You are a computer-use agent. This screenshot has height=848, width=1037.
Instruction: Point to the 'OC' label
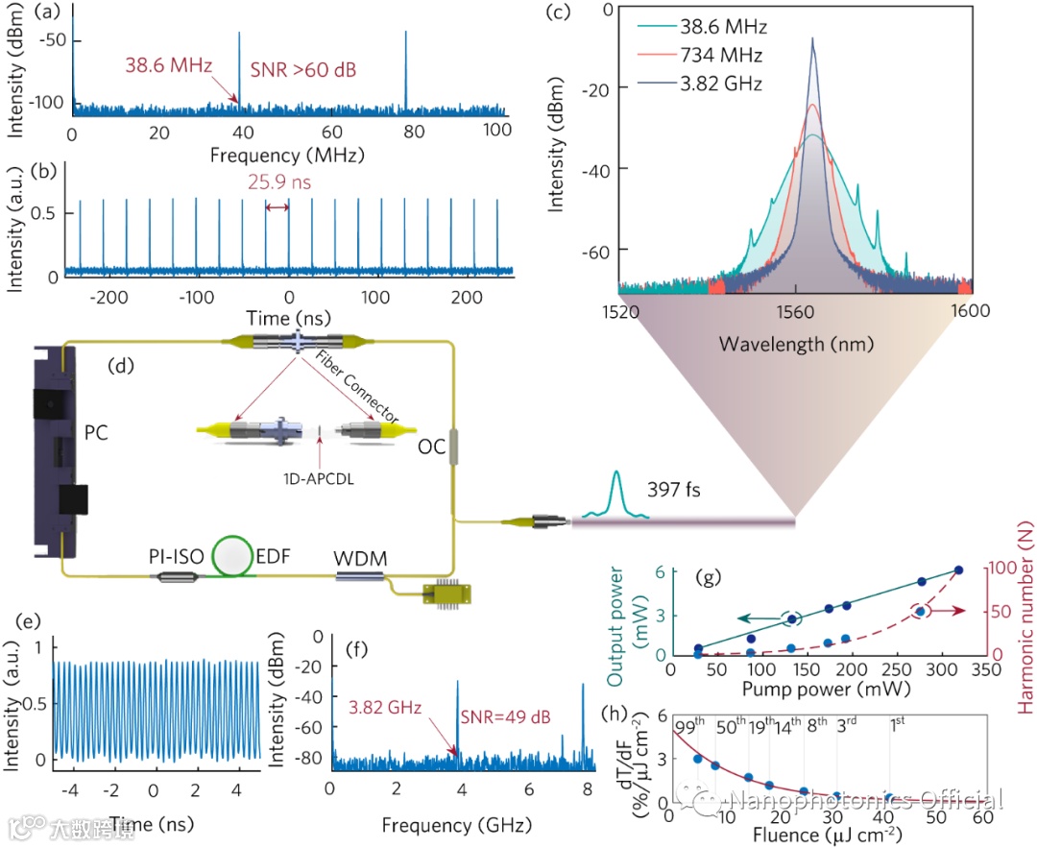click(432, 448)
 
